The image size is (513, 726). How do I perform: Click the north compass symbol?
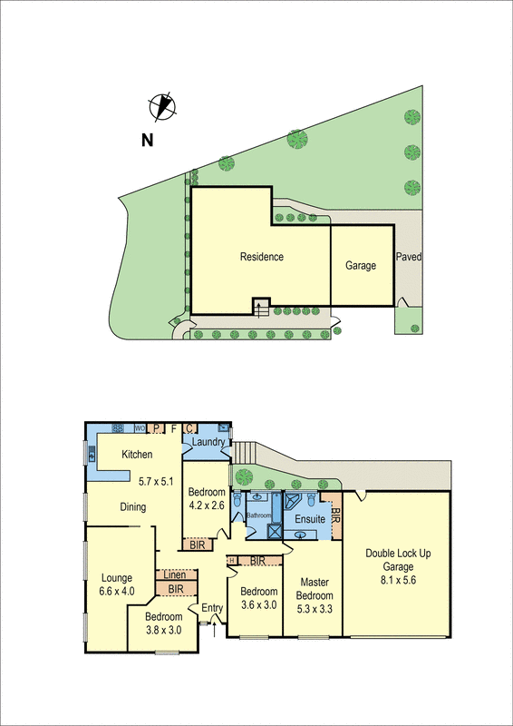[x=160, y=107]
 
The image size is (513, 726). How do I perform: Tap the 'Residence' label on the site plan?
[x=261, y=257]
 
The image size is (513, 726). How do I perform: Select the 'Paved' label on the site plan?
[x=409, y=257]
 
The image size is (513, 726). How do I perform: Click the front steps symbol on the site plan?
[x=261, y=309]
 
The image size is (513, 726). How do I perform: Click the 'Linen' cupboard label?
[x=175, y=575]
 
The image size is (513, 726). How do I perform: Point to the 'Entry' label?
[x=212, y=608]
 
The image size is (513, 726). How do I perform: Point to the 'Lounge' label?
[x=118, y=578]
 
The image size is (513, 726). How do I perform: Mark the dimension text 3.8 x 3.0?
[x=164, y=629]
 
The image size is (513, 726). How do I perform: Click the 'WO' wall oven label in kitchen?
[x=140, y=428]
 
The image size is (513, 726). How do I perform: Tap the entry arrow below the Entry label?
[x=214, y=621]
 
